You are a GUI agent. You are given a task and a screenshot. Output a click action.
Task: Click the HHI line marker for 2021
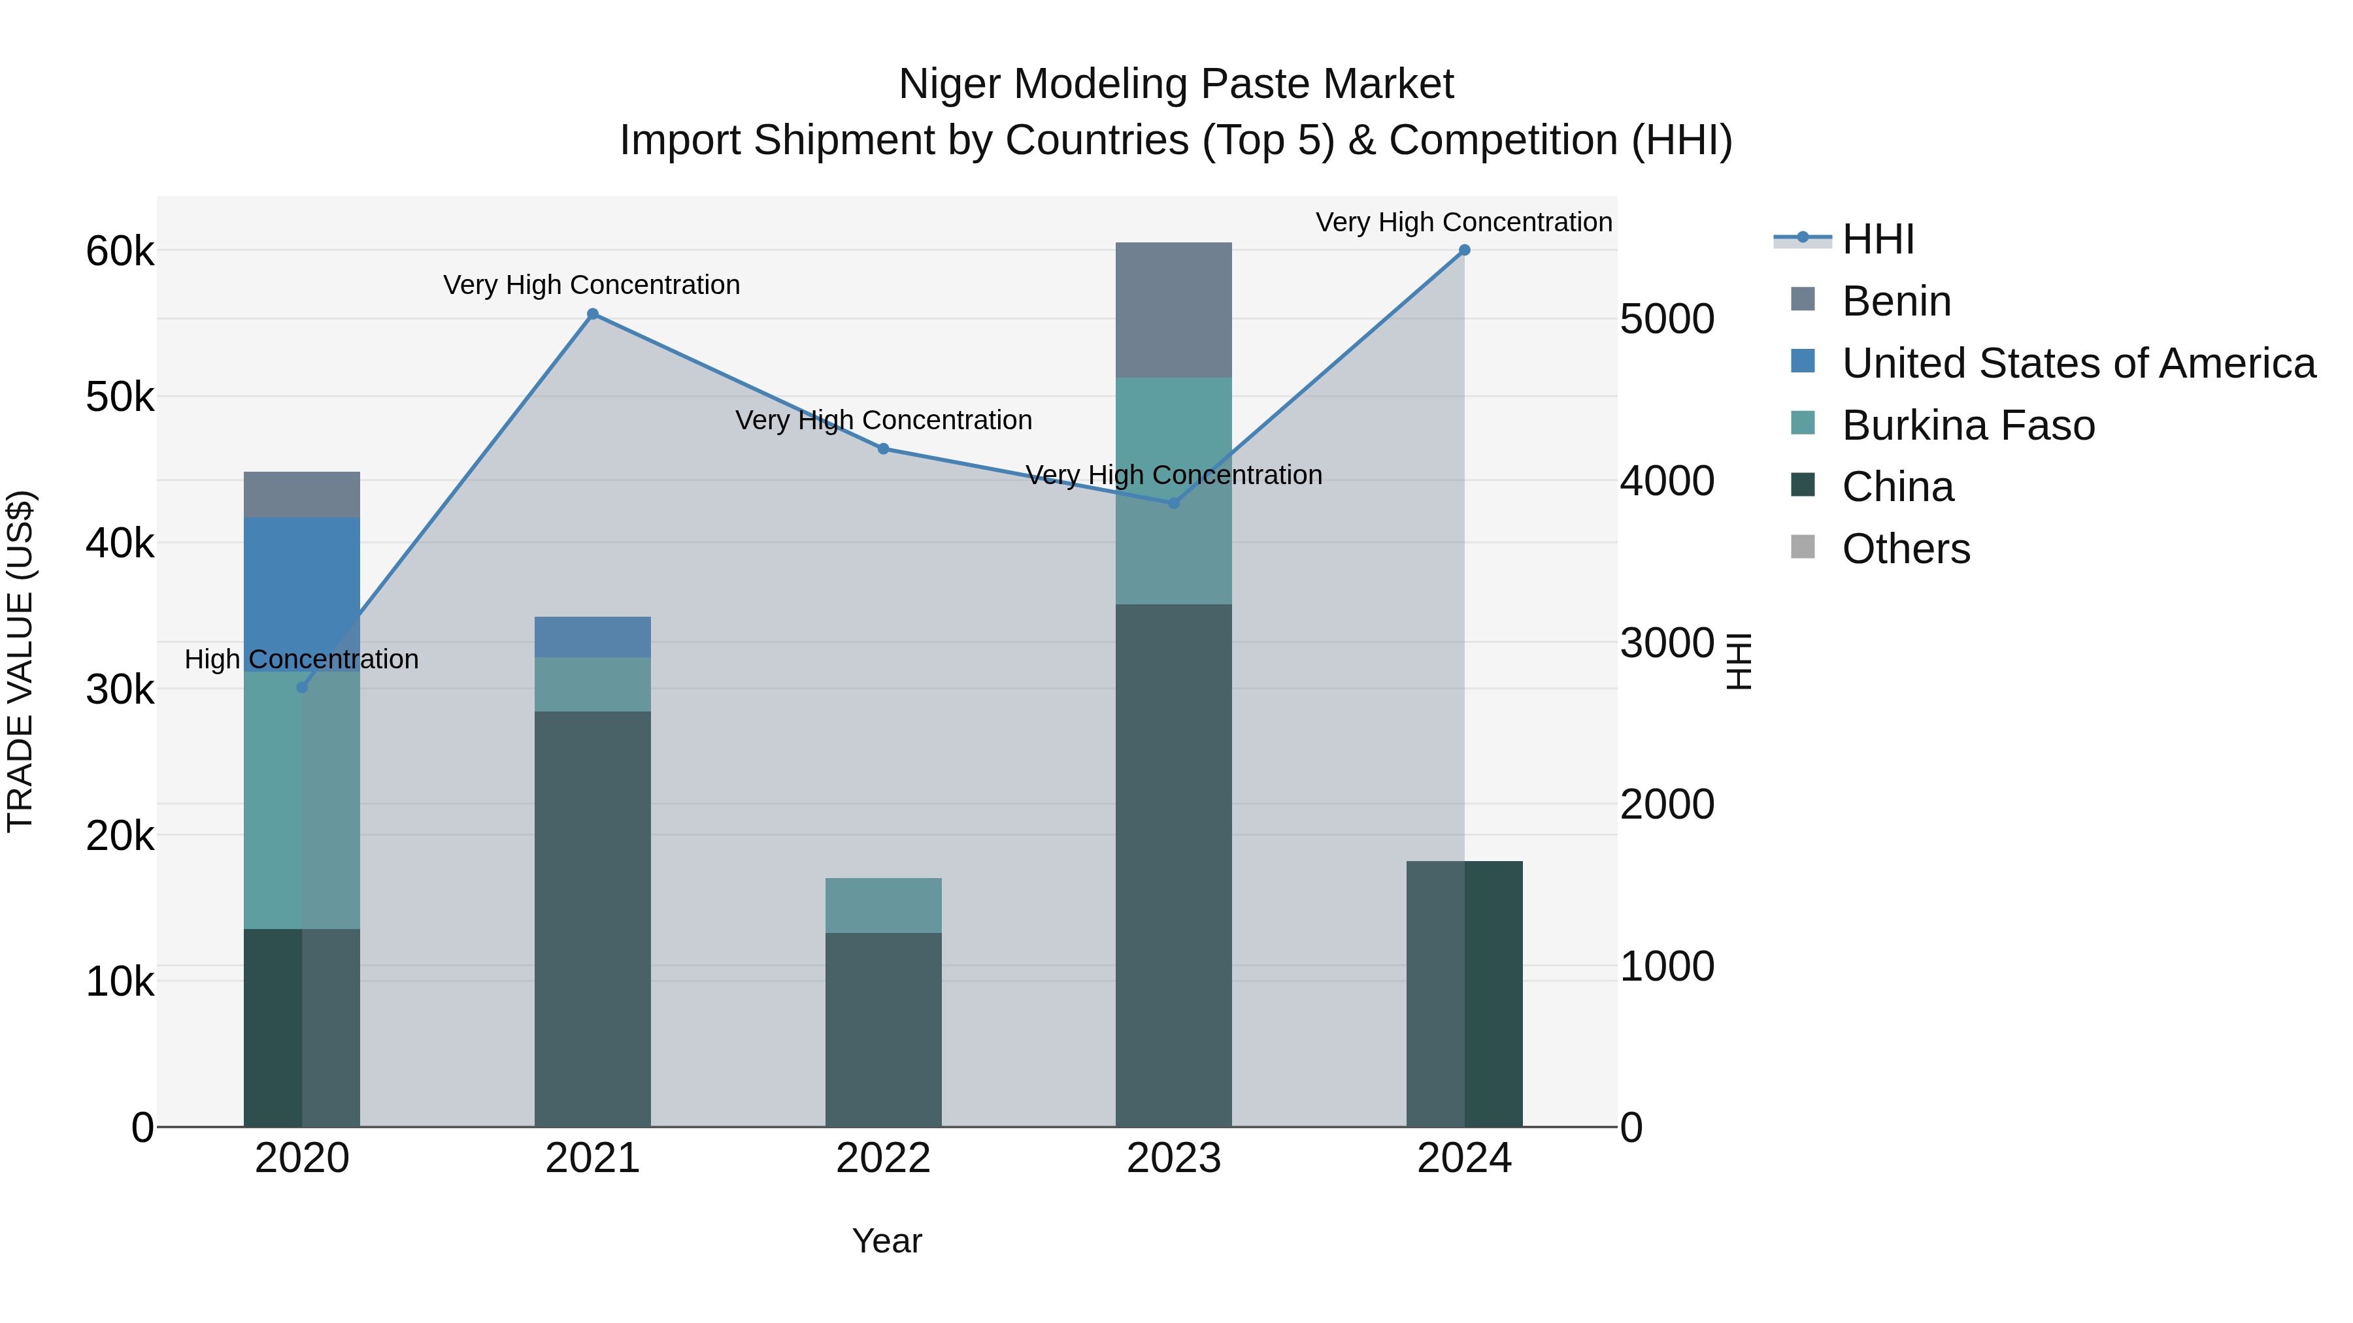coord(593,314)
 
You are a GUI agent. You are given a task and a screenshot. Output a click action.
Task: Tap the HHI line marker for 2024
coord(1464,250)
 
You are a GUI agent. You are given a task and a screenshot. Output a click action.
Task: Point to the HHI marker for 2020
coord(303,687)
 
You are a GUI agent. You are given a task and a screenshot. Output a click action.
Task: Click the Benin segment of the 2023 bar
coord(1174,310)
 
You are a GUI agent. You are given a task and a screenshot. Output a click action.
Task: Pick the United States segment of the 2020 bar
coord(303,593)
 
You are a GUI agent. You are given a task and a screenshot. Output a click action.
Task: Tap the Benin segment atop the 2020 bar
coord(303,495)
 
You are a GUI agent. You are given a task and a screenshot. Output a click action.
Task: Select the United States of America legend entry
coord(2078,363)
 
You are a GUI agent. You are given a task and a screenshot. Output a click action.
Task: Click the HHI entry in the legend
coord(1878,239)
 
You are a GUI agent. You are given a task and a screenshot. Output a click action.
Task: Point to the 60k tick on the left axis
coord(120,251)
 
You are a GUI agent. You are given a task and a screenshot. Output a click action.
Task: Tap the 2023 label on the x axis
coord(1174,1158)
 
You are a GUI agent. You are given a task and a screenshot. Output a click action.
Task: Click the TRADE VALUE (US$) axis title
coord(20,662)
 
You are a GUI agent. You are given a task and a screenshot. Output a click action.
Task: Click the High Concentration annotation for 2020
coord(301,659)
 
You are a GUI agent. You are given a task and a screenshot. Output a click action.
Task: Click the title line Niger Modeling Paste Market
coord(1176,84)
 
